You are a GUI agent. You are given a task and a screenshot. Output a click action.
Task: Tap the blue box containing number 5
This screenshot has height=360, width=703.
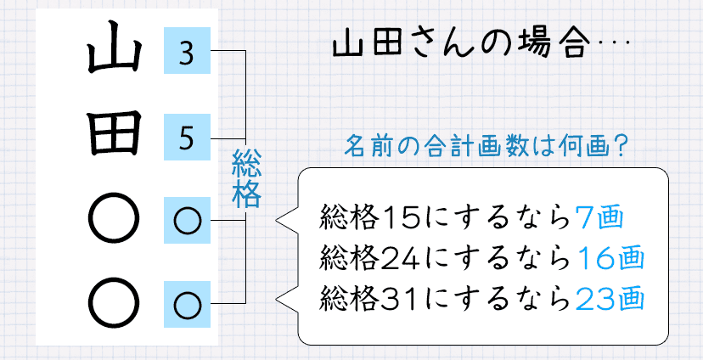[188, 136]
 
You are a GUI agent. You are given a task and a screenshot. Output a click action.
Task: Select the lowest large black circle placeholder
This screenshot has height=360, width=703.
[113, 301]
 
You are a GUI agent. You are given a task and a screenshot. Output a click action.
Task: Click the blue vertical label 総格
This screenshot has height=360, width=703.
[245, 179]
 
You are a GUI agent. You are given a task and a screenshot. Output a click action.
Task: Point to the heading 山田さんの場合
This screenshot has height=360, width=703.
[449, 45]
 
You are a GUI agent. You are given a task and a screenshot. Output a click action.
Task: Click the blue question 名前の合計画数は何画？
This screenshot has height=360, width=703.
[486, 144]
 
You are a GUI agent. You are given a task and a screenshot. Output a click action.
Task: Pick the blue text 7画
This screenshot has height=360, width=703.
[599, 219]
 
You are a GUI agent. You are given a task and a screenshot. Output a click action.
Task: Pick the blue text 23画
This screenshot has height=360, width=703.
[609, 297]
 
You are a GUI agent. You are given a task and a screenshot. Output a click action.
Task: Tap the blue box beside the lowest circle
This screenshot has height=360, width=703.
[188, 301]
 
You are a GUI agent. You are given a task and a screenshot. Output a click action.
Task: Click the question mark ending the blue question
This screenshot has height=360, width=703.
[620, 144]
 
